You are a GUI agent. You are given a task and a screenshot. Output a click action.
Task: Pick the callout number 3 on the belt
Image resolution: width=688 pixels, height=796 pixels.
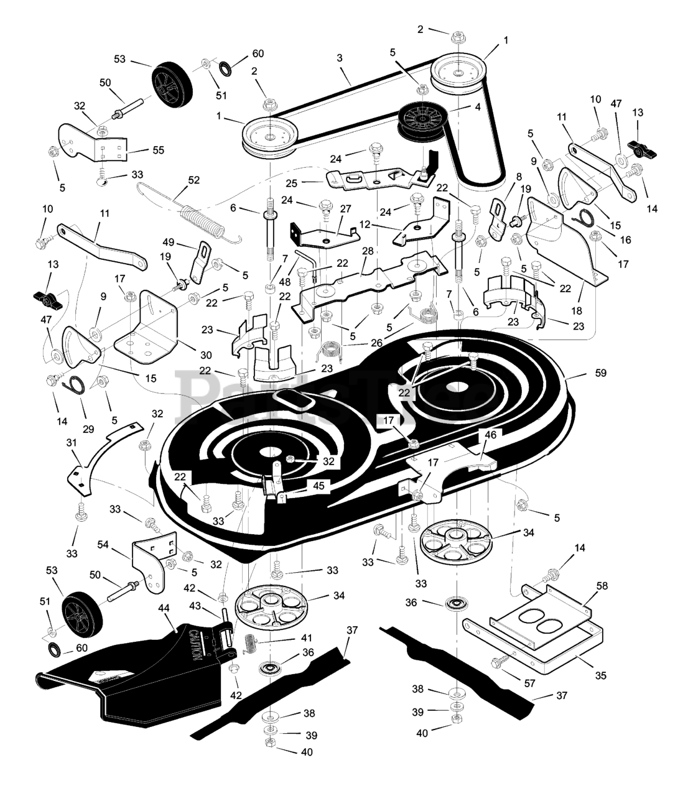click(340, 58)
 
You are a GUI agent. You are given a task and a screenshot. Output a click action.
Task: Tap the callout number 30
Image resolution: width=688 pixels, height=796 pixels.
click(205, 355)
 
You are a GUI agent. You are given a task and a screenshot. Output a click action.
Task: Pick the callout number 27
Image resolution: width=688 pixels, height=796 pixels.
click(345, 210)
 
